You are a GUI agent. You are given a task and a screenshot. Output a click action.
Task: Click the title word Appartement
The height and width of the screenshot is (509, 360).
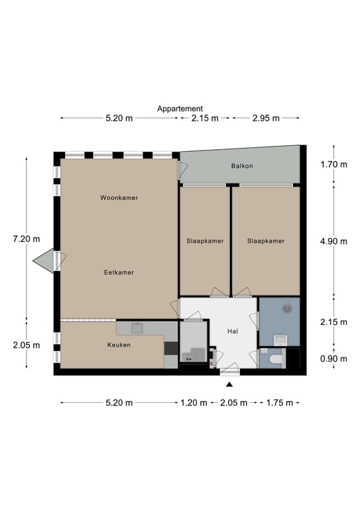coord(180,109)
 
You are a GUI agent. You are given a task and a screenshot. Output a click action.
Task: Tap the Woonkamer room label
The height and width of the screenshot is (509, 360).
coord(119,198)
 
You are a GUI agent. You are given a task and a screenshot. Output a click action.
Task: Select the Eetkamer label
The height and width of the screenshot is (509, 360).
coord(119,272)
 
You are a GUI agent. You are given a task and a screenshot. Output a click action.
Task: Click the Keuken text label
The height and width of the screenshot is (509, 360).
coord(119,345)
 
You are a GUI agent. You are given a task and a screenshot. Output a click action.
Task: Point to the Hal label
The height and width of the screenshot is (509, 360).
coord(232,331)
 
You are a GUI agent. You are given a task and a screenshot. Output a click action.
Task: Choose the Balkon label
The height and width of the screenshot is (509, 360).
coord(242,166)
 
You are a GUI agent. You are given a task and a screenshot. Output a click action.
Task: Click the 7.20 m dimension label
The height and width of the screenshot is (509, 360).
coord(27,239)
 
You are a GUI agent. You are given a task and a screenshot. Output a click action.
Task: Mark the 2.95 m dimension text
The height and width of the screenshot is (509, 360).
coord(265,118)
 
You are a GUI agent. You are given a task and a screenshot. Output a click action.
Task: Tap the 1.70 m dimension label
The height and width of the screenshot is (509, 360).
coord(333,165)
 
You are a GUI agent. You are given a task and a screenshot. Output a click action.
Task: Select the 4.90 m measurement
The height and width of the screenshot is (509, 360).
coord(333,241)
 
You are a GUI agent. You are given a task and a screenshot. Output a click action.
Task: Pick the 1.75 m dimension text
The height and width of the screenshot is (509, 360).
coord(279,402)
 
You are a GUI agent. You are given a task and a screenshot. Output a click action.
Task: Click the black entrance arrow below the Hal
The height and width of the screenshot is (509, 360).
coord(229,384)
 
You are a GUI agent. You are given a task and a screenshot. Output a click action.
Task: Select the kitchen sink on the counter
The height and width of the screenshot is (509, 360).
coord(137,327)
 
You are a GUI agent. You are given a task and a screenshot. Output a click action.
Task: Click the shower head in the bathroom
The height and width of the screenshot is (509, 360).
coord(287,307)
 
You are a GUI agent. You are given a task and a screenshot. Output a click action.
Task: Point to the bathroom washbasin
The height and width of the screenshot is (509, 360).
coord(281,339)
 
